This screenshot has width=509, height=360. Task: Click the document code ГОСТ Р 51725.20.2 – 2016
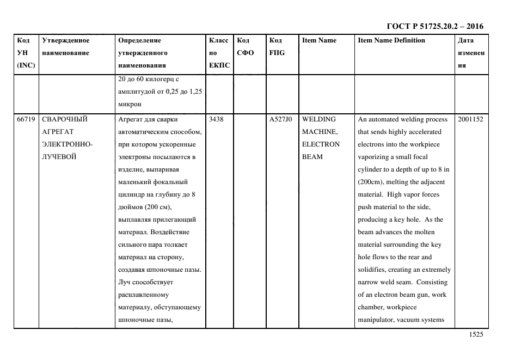434,26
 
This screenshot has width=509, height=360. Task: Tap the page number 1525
476,335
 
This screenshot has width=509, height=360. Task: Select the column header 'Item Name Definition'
391,40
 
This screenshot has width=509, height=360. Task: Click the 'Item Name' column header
319,40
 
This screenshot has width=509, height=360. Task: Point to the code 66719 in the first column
26,119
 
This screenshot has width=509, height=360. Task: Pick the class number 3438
216,119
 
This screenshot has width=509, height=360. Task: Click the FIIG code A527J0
280,119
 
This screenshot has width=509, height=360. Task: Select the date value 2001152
470,119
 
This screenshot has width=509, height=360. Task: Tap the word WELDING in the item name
319,119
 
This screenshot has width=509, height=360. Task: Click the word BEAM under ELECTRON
312,157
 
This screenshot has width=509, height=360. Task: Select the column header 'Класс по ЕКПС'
219,53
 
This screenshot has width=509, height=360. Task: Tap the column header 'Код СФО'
246,47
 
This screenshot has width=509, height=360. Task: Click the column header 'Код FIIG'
277,47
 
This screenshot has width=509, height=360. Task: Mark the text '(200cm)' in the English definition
371,182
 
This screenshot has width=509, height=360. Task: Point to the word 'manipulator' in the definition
377,320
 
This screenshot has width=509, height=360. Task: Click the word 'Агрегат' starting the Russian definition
132,119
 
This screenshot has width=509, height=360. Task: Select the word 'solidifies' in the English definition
373,270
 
